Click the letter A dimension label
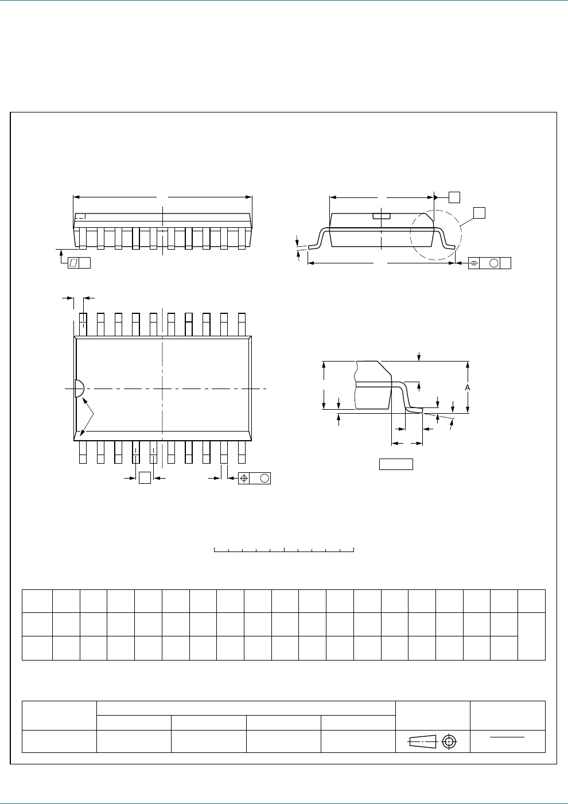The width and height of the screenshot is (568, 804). (468, 388)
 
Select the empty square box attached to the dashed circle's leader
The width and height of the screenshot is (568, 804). (479, 213)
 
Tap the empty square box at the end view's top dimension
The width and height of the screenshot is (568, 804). (454, 197)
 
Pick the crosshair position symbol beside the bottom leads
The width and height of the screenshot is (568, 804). (244, 478)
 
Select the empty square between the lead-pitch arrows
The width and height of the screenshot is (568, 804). (145, 477)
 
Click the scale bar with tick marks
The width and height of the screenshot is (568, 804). (284, 550)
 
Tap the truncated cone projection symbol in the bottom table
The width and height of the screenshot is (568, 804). (422, 741)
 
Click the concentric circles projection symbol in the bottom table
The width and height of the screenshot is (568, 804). (450, 741)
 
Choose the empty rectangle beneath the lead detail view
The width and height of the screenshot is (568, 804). (396, 464)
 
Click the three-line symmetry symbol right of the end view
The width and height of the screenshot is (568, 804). (475, 263)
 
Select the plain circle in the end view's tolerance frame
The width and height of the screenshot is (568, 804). (493, 263)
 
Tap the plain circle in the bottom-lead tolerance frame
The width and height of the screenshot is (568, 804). (264, 478)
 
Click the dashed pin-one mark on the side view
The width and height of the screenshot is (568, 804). (81, 216)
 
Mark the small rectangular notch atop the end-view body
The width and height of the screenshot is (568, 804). (382, 216)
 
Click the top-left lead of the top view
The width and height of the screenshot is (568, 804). (83, 324)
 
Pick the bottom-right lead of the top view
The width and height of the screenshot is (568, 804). (242, 452)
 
